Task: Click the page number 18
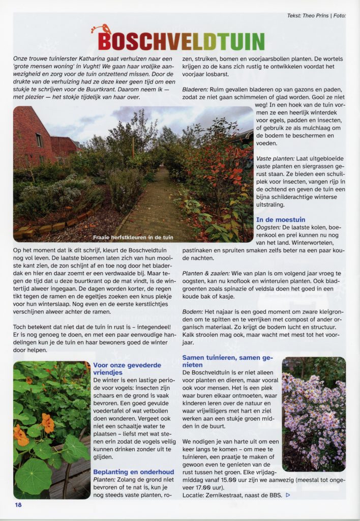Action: point(18,505)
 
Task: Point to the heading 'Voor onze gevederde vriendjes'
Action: point(127,368)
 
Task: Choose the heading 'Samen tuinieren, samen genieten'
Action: point(228,361)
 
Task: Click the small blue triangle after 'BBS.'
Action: point(288,495)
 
